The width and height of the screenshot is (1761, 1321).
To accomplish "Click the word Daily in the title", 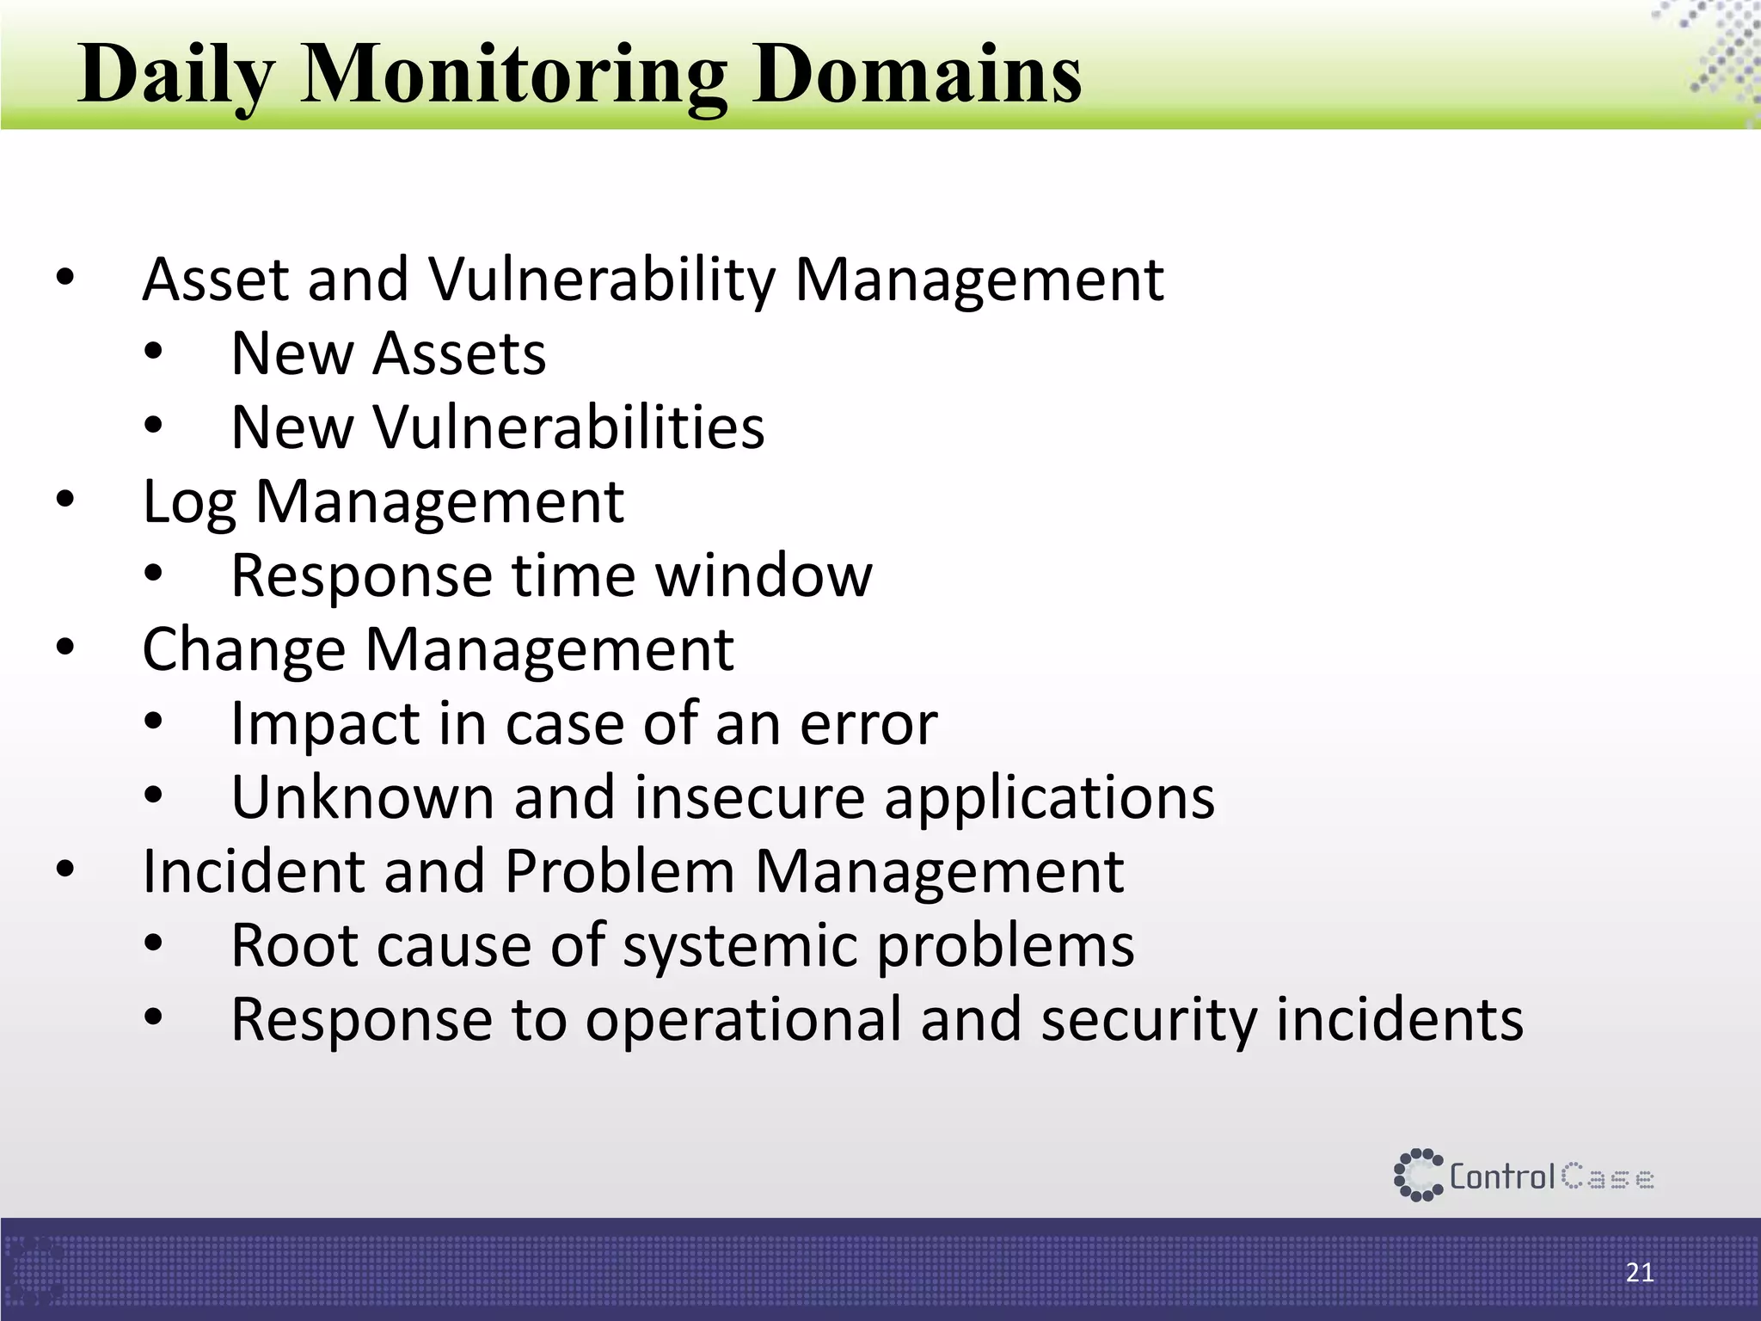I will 175,76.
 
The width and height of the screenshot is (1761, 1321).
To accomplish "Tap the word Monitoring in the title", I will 513,76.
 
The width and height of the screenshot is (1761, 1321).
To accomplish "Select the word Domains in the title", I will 917,76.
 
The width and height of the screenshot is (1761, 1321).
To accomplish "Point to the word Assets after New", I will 459,354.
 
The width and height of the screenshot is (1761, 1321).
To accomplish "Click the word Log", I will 189,502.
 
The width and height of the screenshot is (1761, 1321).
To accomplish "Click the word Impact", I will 325,724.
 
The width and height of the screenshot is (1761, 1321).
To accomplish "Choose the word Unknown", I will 362,797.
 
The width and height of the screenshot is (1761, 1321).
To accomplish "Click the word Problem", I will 619,871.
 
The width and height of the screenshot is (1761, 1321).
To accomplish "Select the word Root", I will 294,945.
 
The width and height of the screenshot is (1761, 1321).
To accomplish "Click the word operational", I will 745,1020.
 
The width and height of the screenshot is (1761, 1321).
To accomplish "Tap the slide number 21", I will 1640,1272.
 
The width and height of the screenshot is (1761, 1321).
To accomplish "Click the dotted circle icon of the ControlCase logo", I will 1418,1175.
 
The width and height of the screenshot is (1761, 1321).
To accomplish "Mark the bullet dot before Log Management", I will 65,500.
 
